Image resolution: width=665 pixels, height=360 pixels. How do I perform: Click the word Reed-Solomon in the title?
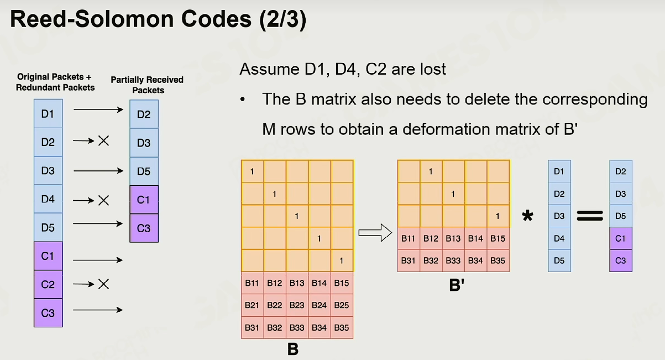click(92, 19)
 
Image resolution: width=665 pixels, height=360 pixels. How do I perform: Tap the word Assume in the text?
click(269, 69)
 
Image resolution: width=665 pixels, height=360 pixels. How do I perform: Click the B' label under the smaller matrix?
click(457, 285)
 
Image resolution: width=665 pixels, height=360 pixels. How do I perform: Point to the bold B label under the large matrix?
click(293, 349)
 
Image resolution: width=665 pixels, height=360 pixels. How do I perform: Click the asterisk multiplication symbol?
click(527, 216)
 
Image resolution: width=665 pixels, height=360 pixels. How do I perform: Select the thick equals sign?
click(590, 216)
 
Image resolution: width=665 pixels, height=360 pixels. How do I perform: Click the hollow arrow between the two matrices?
click(375, 233)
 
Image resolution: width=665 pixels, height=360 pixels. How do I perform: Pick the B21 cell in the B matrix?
click(252, 305)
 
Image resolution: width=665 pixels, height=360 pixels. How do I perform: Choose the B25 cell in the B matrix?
click(342, 305)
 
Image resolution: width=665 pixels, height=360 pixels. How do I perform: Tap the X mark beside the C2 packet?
click(103, 284)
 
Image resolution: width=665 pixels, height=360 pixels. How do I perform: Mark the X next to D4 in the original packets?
click(103, 201)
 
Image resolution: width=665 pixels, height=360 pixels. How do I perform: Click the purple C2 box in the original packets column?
click(48, 285)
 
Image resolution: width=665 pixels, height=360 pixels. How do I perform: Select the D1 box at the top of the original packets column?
click(48, 114)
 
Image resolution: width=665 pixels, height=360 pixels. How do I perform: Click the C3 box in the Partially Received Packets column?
click(144, 228)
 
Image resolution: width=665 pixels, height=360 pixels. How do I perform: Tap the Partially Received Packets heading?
click(147, 85)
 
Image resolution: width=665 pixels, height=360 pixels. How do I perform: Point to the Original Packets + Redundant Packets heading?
click(55, 82)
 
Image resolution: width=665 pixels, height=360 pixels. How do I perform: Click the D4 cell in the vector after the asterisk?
click(559, 238)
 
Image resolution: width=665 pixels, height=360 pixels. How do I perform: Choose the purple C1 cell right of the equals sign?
click(621, 238)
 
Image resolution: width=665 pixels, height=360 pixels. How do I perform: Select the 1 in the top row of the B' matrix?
click(431, 171)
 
